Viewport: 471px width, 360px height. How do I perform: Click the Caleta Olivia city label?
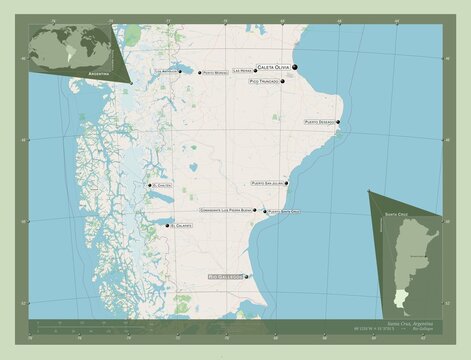[x=276, y=66]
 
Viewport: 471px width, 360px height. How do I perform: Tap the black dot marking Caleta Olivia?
[x=297, y=67]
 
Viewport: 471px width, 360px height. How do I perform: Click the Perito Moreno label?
[x=213, y=73]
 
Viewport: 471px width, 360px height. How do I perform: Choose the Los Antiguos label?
[x=168, y=72]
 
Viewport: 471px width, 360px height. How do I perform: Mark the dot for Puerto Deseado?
[x=339, y=123]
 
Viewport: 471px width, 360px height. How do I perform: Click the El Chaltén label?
[x=164, y=185]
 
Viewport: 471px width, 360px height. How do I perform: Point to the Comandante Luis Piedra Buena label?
[x=225, y=211]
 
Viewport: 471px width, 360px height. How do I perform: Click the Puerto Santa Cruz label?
[x=281, y=212]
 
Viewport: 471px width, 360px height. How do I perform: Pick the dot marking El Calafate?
[x=166, y=226]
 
